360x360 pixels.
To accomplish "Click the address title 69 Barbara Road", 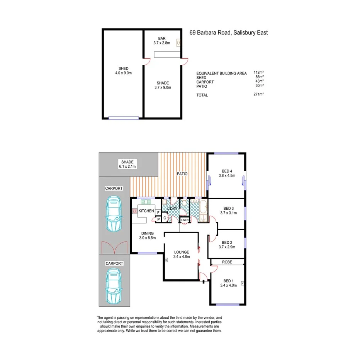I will pyautogui.click(x=228, y=33).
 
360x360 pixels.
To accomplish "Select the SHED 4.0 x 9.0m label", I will pyautogui.click(x=123, y=71).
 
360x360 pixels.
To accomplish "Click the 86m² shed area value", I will pyautogui.click(x=259, y=77).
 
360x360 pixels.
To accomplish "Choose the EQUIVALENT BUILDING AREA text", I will pyautogui.click(x=221, y=73).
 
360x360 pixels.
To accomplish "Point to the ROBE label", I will pyautogui.click(x=227, y=262).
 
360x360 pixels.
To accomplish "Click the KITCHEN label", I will pyautogui.click(x=146, y=211).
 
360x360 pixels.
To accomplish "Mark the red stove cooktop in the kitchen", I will pyautogui.click(x=134, y=211).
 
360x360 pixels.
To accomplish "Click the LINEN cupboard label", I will pyautogui.click(x=185, y=220).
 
